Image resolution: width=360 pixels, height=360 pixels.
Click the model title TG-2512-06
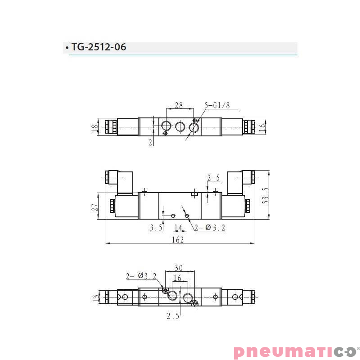[x=99, y=47]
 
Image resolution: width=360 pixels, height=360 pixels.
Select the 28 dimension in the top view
[x=179, y=105]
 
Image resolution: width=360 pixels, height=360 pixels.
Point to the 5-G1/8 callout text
[x=217, y=105]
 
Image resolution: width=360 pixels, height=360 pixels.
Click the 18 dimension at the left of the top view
[x=94, y=127]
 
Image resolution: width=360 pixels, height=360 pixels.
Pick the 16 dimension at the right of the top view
[x=262, y=127]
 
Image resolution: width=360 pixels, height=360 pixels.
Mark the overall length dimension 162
[x=178, y=240]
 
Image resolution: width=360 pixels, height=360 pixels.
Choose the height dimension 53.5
[x=266, y=195]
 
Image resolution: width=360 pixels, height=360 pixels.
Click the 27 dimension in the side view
[x=95, y=207]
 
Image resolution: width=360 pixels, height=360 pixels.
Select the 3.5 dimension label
[x=156, y=228]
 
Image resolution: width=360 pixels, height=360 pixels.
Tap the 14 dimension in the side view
[x=178, y=228]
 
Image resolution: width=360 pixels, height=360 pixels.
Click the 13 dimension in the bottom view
[x=95, y=297]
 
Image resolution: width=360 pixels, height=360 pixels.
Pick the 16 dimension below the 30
[x=177, y=279]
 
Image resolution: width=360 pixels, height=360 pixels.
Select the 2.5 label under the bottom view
[x=173, y=316]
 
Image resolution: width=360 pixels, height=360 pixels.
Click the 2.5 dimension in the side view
[x=213, y=178]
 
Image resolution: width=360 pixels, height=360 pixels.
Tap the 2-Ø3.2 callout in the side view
[x=210, y=228]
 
